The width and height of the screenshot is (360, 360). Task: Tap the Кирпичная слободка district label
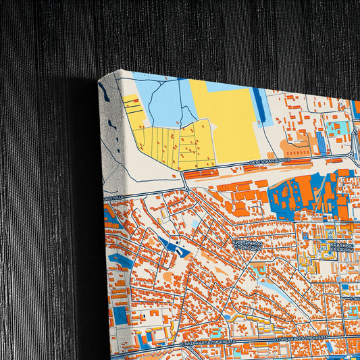pyautogui.click(x=241, y=245)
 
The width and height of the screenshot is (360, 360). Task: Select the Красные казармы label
pyautogui.click(x=342, y=249)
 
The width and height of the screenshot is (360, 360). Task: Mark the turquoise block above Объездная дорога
pyautogui.click(x=335, y=127)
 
